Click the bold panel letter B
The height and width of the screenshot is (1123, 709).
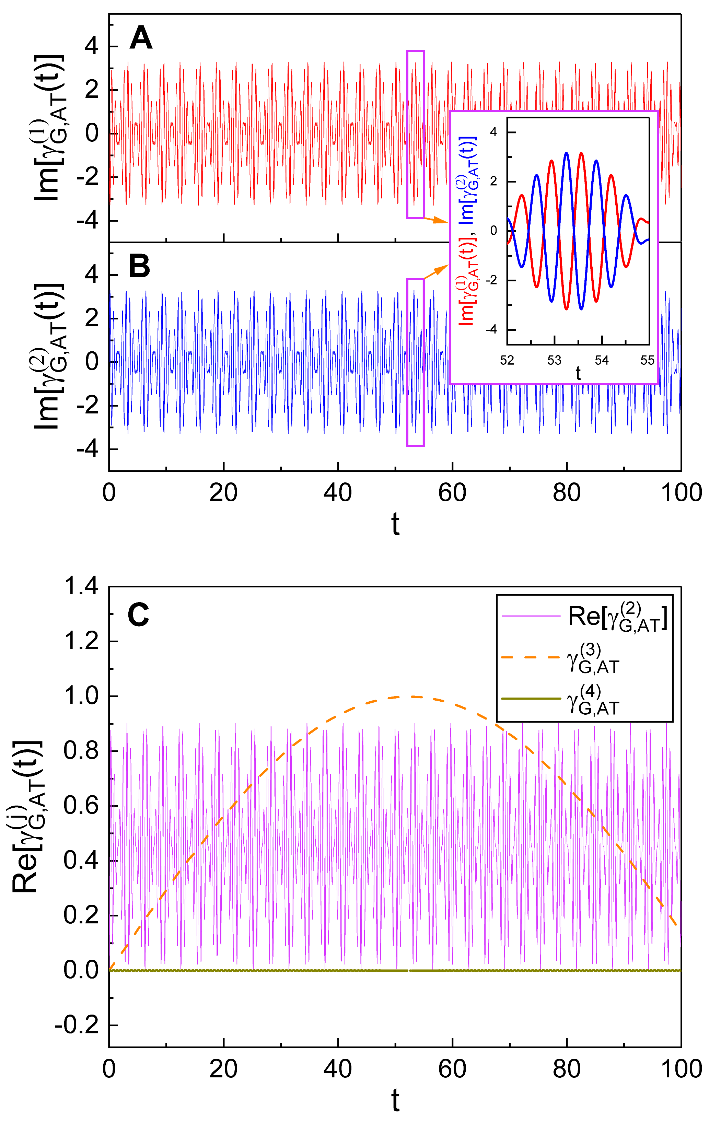[x=139, y=266]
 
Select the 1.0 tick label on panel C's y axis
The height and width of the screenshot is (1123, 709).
[x=81, y=696]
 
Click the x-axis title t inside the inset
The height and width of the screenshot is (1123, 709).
[x=578, y=374]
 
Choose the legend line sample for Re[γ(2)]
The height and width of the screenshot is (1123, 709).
[x=530, y=617]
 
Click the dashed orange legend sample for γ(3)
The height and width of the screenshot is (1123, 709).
[x=530, y=657]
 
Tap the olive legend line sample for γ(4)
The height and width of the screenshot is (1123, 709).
[x=530, y=699]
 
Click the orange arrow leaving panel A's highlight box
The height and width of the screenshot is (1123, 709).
[x=436, y=220]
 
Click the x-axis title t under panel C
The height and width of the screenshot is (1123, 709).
[x=395, y=1101]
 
